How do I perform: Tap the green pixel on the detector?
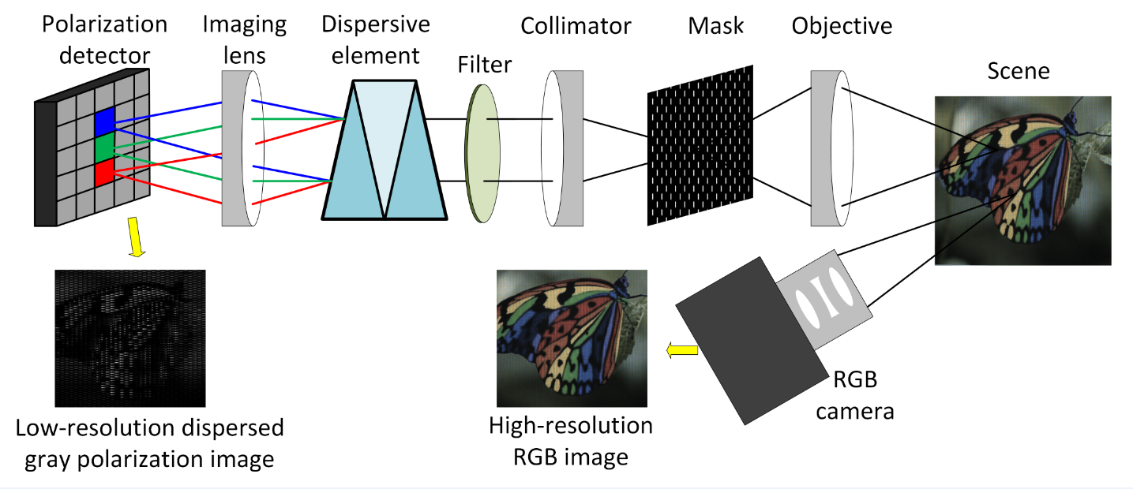click(105, 147)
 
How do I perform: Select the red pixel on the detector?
click(105, 172)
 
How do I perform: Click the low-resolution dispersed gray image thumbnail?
click(130, 338)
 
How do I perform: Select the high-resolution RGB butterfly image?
click(572, 338)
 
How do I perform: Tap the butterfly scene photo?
click(1022, 180)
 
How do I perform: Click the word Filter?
click(484, 64)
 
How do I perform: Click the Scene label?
click(1019, 71)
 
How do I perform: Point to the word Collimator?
click(576, 26)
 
